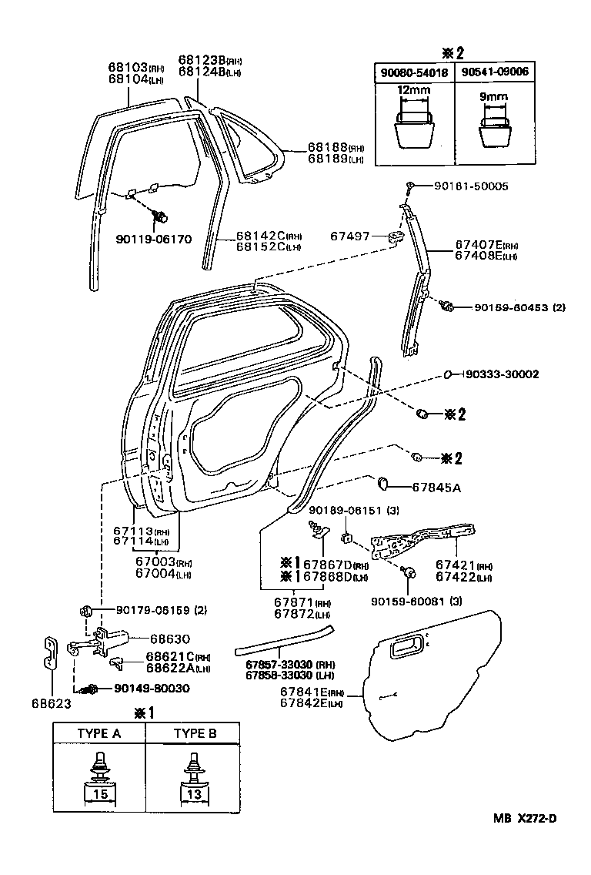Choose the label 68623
52,702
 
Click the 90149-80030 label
140,688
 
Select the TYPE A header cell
98,733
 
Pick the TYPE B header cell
195,733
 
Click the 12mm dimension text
413,90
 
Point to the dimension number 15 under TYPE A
98,793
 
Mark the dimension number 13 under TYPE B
195,793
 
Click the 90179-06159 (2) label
162,611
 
